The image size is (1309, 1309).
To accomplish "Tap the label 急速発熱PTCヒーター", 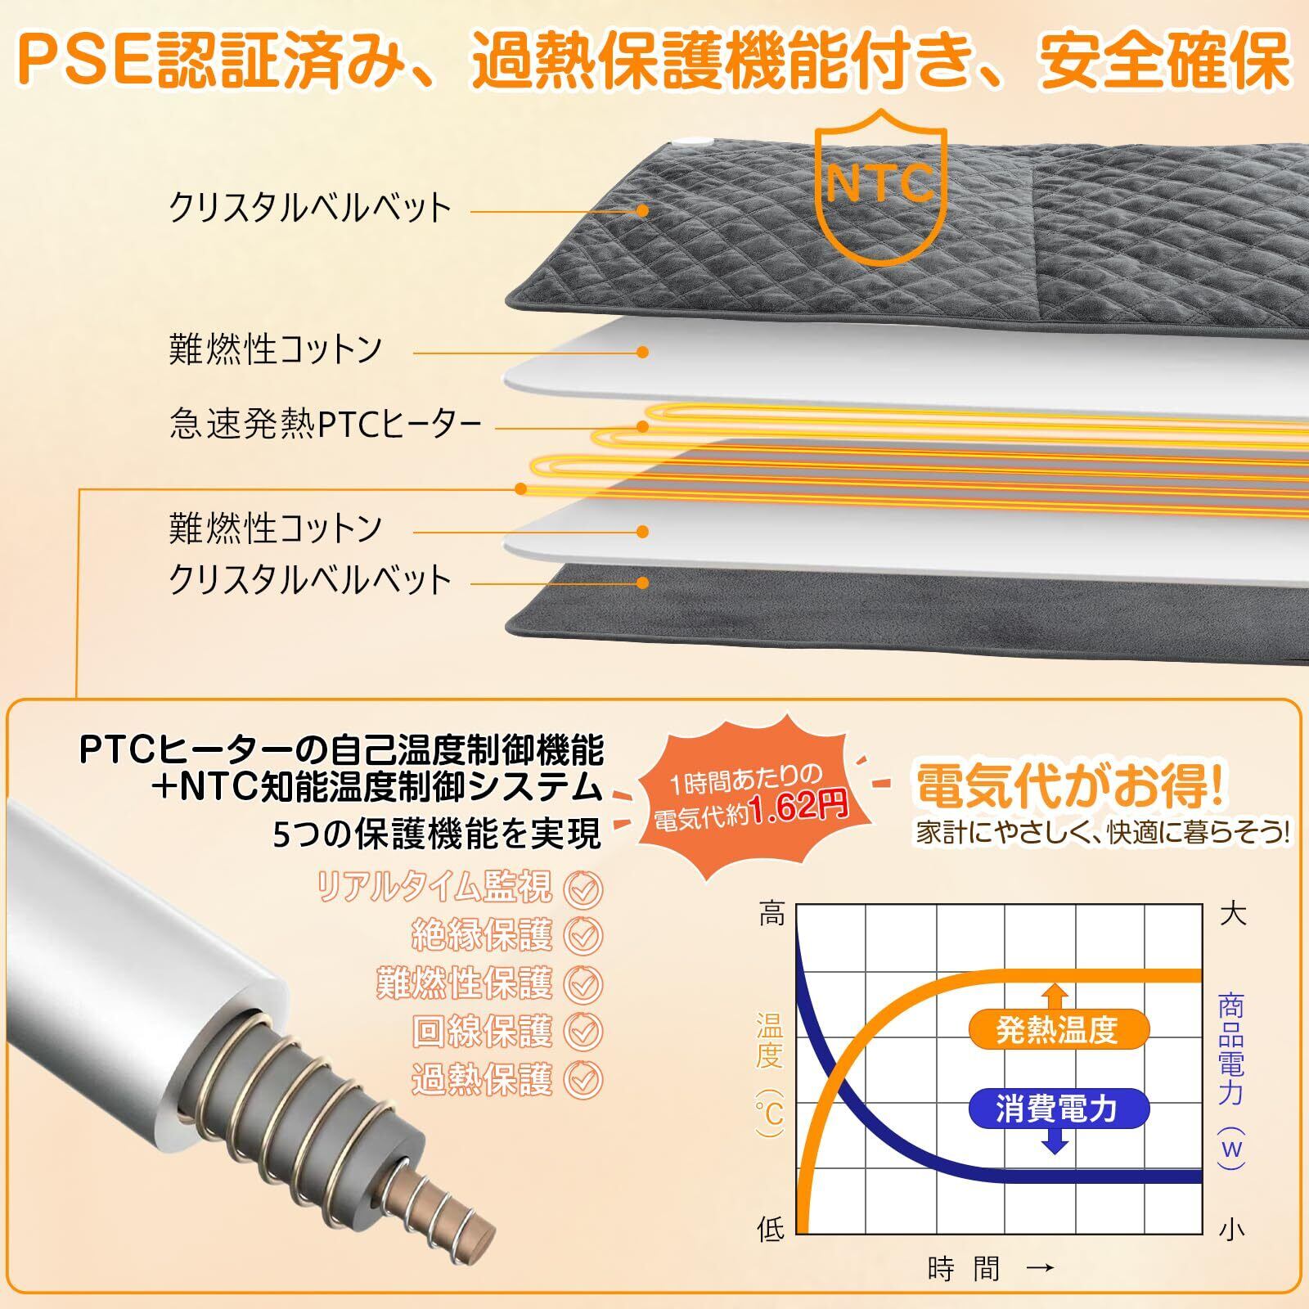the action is (x=325, y=425).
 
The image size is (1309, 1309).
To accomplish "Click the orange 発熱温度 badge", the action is (x=1056, y=1030).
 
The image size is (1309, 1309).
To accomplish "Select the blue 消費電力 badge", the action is (x=1056, y=1109).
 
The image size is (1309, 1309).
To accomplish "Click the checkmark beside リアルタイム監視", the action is (x=583, y=889).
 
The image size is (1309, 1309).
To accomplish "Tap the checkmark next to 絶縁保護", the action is (x=583, y=936).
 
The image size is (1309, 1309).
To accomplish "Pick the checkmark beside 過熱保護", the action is (x=583, y=1079).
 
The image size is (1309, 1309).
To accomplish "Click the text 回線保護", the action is (x=483, y=1032).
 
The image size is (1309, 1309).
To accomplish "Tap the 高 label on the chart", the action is (x=771, y=914).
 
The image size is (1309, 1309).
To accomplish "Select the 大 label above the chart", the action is (x=1232, y=914).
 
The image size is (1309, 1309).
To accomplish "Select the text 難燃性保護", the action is (x=465, y=983).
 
